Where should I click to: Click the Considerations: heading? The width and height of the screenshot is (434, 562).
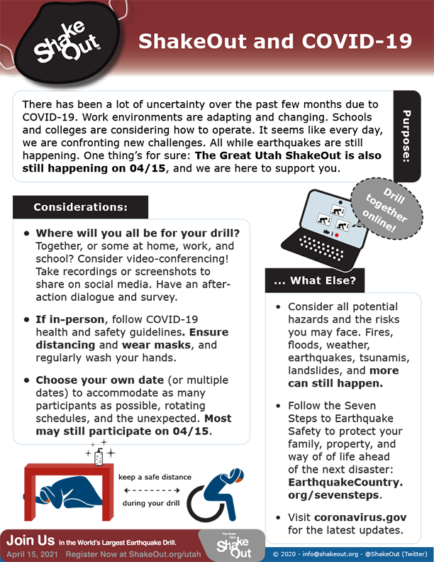80,207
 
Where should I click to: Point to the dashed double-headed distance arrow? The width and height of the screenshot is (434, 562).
155,489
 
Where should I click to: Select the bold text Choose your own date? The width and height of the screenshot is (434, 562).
95,380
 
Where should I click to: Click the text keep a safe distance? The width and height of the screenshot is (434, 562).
154,477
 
